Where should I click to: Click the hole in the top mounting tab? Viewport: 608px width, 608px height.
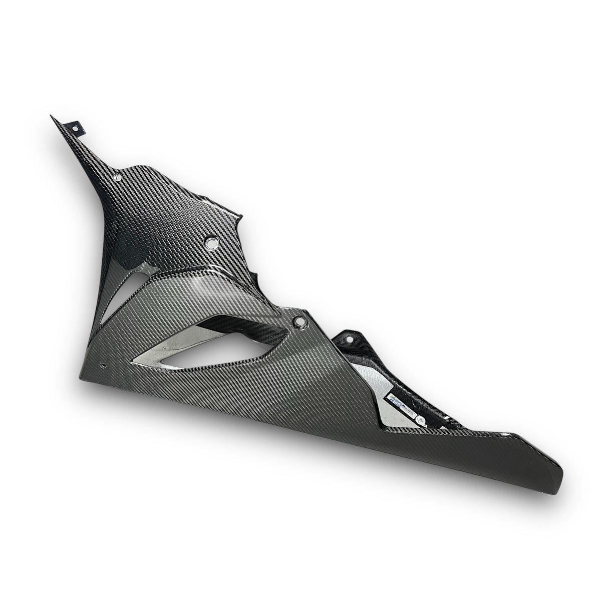coord(77,129)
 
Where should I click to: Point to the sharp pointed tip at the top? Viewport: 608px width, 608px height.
coord(51,116)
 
